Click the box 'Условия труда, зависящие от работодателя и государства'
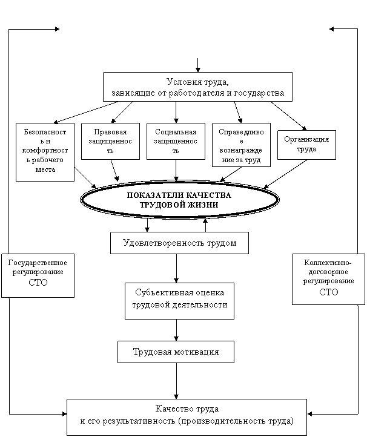[x=197, y=87]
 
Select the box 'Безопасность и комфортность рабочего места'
[x=45, y=152]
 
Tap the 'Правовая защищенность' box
[x=110, y=141]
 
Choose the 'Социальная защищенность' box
[x=176, y=141]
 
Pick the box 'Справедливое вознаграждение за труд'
[x=241, y=145]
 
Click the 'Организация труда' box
[x=306, y=145]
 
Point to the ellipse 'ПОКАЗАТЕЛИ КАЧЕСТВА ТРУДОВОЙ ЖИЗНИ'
[x=179, y=200]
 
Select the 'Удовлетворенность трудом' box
[x=179, y=243]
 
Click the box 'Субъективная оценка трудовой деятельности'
[x=179, y=301]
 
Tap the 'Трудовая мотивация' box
[x=176, y=352]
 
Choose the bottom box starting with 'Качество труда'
[x=187, y=418]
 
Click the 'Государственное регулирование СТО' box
[x=38, y=275]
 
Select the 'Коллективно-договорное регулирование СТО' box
[x=329, y=279]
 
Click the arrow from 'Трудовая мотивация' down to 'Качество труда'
[x=176, y=381]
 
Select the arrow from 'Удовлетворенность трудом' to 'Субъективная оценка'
[x=176, y=268]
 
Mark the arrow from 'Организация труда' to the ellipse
[x=285, y=174]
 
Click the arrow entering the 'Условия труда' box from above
[x=197, y=65]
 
